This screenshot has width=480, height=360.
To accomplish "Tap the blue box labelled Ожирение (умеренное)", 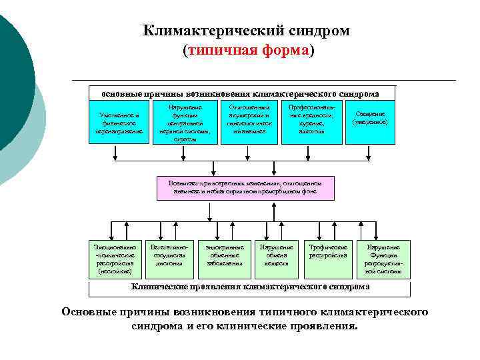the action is point(371,118).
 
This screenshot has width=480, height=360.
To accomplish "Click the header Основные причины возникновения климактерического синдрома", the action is point(240,94).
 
